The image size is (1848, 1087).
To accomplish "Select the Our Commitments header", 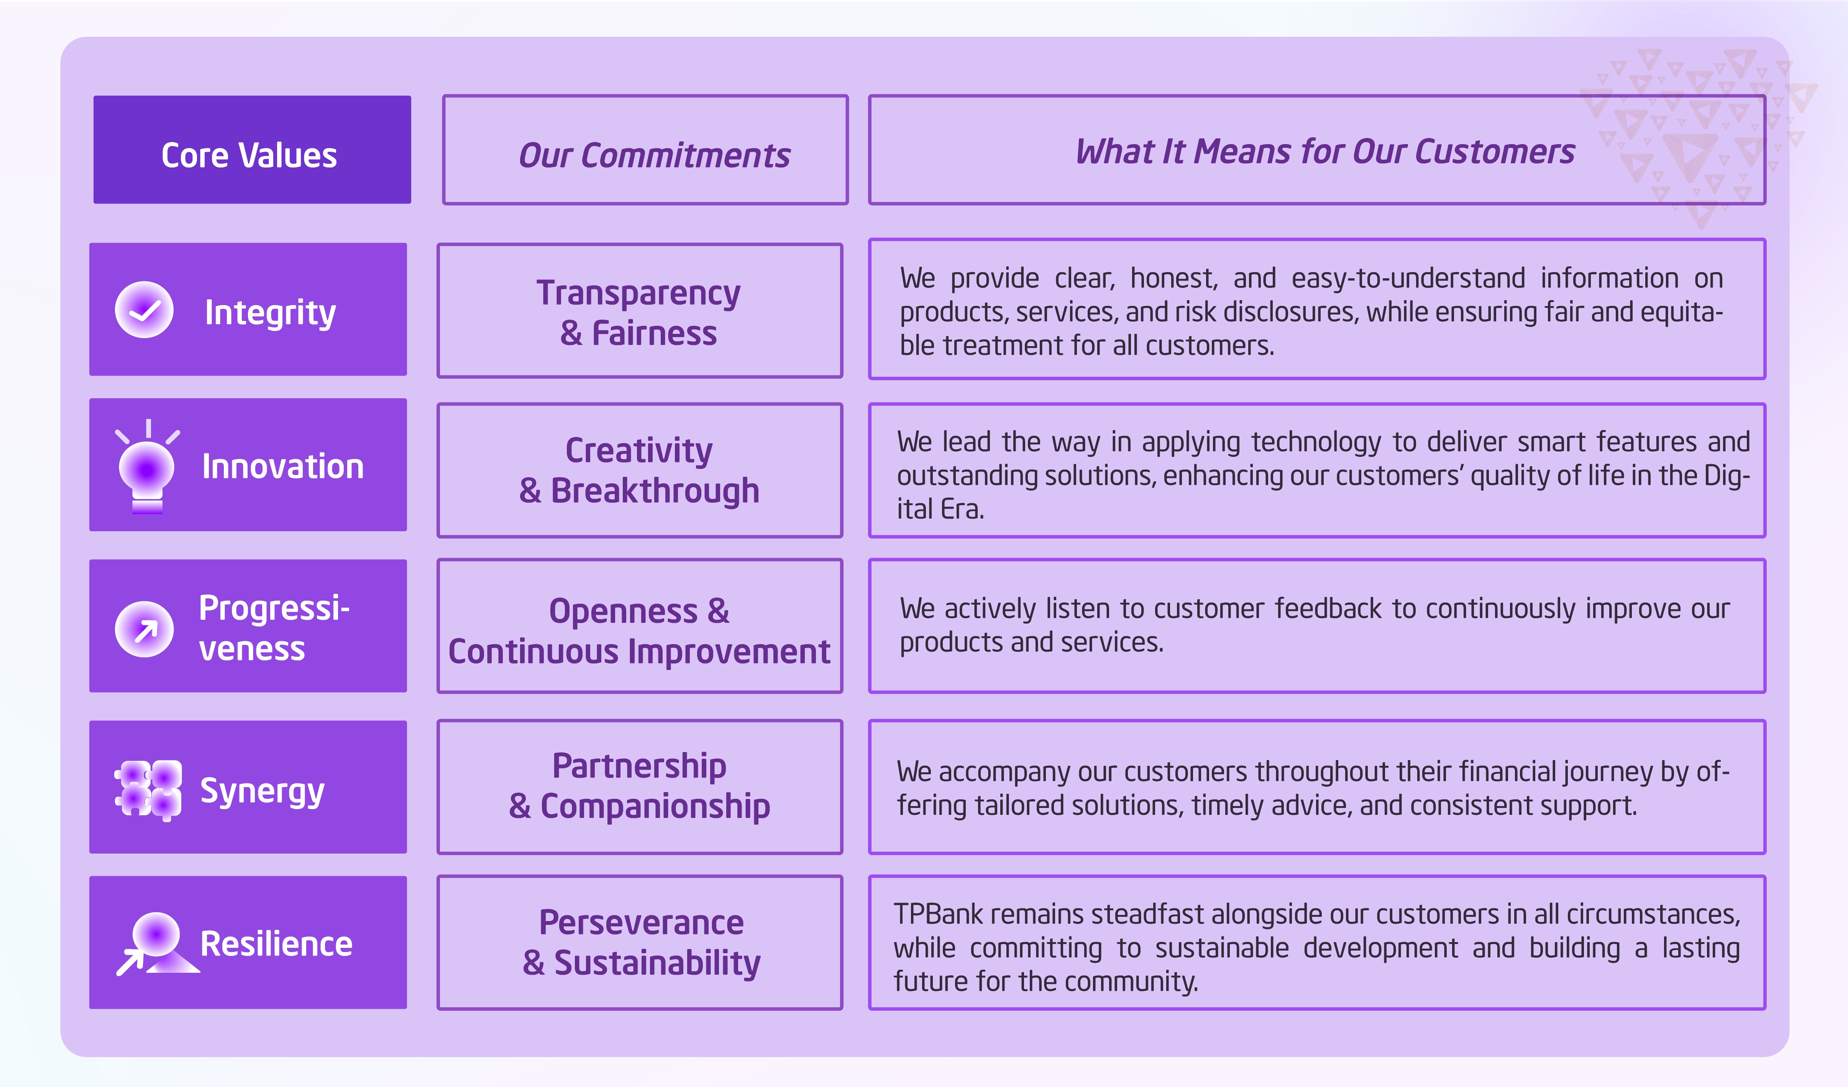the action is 645,149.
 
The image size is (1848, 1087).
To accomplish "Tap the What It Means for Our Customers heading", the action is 1317,149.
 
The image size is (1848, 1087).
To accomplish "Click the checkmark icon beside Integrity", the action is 144,310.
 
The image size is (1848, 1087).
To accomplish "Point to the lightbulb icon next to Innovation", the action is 148,466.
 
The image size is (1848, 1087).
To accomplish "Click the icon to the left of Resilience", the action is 157,945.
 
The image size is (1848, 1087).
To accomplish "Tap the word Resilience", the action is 276,944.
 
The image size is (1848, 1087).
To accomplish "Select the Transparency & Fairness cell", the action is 640,311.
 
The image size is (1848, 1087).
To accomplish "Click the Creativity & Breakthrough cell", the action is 640,470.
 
